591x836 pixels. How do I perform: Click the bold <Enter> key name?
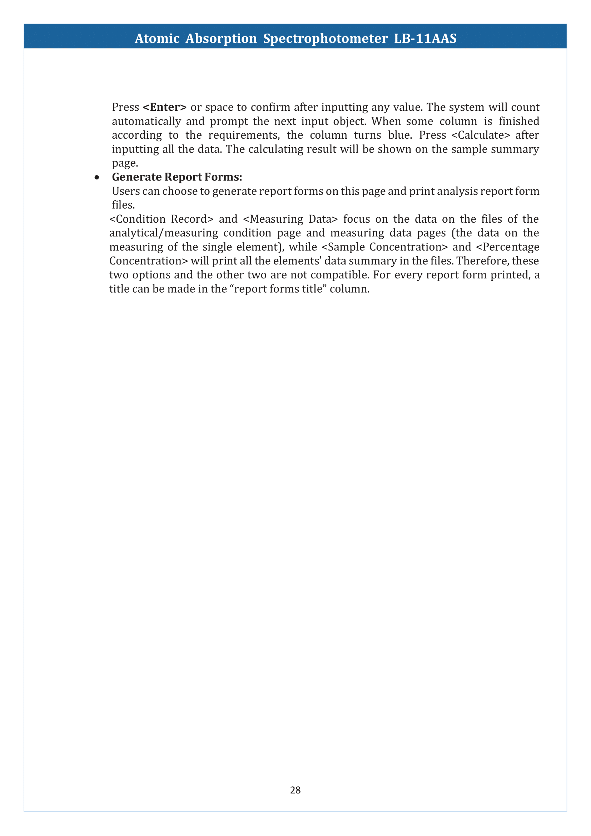tap(164, 108)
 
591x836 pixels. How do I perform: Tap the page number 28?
tap(295, 790)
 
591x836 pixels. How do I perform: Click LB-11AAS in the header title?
tap(425, 39)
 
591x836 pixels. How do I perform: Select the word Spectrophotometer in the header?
tap(326, 39)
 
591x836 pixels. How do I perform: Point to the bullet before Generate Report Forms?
tap(96, 178)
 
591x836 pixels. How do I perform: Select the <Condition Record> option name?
tap(161, 219)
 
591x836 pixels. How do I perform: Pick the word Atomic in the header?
tap(157, 39)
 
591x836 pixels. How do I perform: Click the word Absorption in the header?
tap(221, 39)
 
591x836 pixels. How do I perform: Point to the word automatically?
tap(146, 121)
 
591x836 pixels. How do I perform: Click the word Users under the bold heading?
tap(126, 191)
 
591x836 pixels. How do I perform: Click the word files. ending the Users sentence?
tap(123, 205)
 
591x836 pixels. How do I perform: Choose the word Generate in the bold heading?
tap(136, 177)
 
